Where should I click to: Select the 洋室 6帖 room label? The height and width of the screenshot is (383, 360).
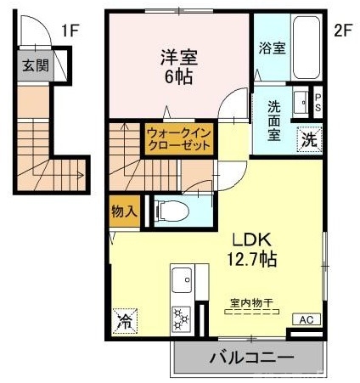point(179,66)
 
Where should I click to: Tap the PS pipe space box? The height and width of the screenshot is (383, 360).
point(318,103)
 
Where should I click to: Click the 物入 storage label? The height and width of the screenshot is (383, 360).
point(124,210)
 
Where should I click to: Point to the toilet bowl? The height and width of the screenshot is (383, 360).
point(171,209)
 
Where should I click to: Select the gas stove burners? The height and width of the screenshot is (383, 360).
point(181,318)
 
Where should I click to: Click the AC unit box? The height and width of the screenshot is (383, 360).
point(307,319)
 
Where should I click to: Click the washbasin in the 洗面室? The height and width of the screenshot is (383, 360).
point(301,104)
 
